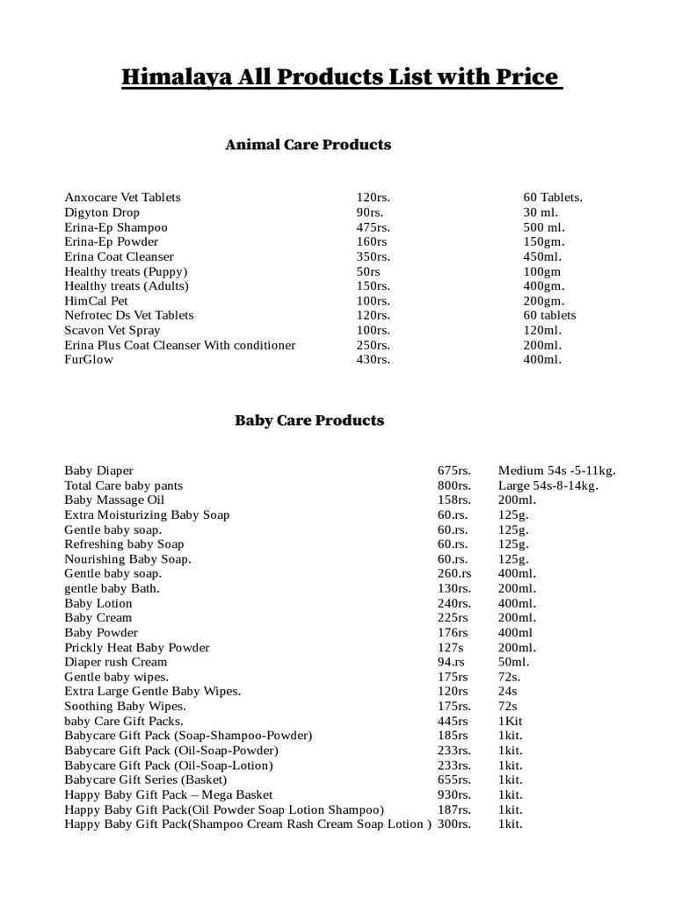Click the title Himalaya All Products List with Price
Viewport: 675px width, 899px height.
341,77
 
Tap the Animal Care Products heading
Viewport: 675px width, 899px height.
308,145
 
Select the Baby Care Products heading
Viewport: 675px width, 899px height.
308,421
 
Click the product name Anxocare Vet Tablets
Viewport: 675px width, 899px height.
122,198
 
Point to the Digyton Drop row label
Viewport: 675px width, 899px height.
102,212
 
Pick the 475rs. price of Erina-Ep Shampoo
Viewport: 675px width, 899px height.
373,227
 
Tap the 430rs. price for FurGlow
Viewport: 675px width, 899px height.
373,360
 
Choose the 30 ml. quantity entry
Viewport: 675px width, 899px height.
541,212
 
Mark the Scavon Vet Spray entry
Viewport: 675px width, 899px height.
112,330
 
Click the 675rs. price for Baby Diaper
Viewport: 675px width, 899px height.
454,471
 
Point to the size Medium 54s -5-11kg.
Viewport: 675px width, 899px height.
556,471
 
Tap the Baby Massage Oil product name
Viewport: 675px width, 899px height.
114,500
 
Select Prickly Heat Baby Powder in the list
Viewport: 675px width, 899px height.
137,648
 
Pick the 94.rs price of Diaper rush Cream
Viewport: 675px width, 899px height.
452,662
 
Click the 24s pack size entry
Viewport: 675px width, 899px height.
509,692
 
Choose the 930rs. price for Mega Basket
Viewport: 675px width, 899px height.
454,795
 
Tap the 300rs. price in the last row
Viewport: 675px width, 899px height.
454,824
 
